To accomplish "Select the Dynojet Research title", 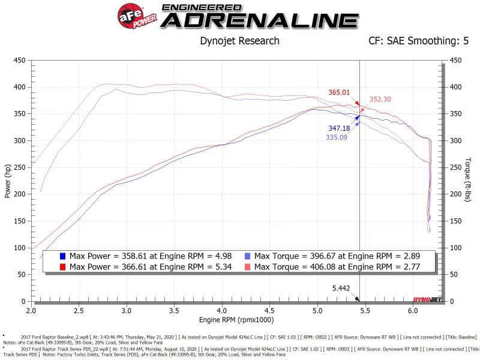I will tap(239, 41).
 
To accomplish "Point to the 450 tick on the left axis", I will tap(19, 61).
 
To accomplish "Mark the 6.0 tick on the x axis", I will tap(412, 311).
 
